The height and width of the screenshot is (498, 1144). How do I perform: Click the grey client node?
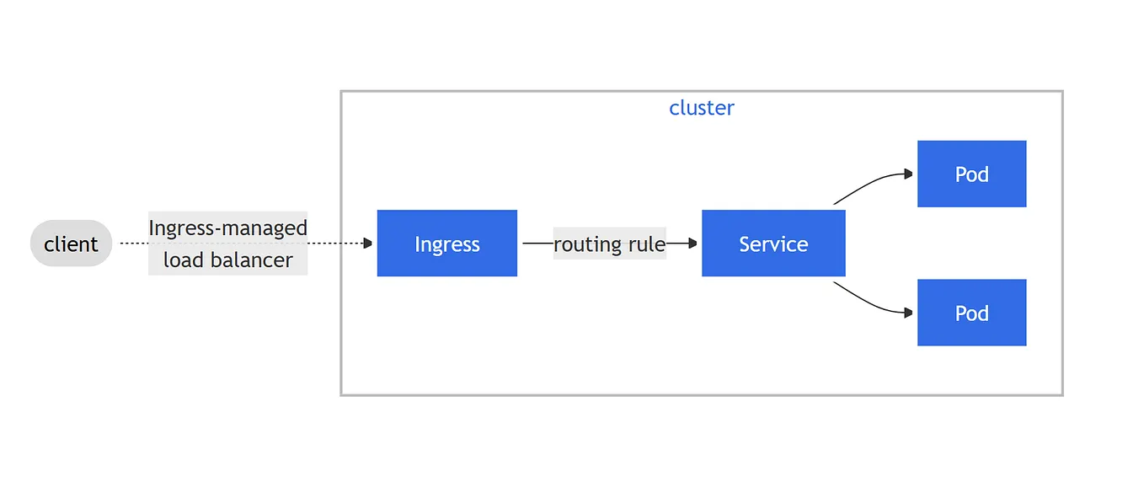click(x=71, y=244)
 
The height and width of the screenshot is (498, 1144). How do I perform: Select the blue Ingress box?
click(x=446, y=244)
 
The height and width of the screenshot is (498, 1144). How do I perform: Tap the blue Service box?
click(x=772, y=244)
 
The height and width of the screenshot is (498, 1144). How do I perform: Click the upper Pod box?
click(x=971, y=174)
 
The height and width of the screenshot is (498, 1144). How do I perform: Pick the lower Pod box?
click(x=971, y=313)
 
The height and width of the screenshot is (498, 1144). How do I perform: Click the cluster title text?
click(x=701, y=108)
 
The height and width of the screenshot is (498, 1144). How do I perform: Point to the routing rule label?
click(x=609, y=244)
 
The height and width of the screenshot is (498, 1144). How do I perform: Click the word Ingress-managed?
click(x=227, y=228)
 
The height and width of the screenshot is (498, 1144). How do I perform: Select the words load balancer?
click(x=227, y=260)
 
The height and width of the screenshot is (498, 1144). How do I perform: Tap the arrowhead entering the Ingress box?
click(x=367, y=244)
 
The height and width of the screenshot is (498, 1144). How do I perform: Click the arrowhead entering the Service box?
click(x=692, y=244)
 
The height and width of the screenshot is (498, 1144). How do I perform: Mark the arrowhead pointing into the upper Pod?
click(x=908, y=174)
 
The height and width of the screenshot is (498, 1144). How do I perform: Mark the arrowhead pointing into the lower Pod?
click(x=908, y=313)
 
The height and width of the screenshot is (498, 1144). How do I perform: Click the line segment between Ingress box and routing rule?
click(x=536, y=244)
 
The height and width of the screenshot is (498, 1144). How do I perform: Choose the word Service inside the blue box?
click(x=772, y=244)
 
